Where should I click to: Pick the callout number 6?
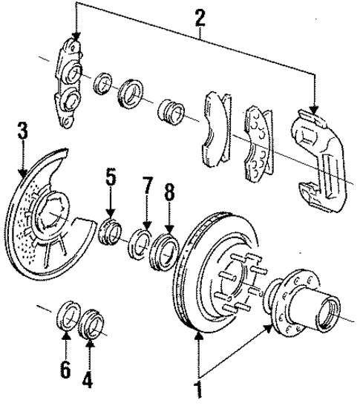coord(65,369)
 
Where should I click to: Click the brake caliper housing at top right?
coord(319,151)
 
